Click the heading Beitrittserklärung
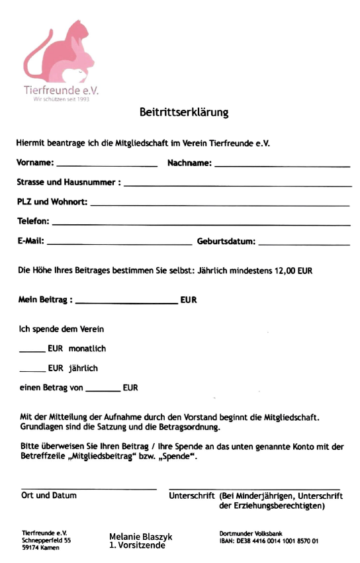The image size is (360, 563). point(183,112)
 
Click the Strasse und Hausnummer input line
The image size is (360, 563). point(237,185)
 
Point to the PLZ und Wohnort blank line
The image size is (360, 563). point(219,204)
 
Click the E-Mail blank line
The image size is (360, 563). point(119,244)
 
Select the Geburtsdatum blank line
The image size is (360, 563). point(304,244)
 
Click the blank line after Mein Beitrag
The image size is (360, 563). point(126,303)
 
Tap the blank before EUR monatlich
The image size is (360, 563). point(32,351)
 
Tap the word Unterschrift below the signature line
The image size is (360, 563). point(191,495)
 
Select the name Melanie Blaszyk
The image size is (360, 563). point(140,537)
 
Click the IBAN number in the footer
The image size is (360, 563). point(269,541)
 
